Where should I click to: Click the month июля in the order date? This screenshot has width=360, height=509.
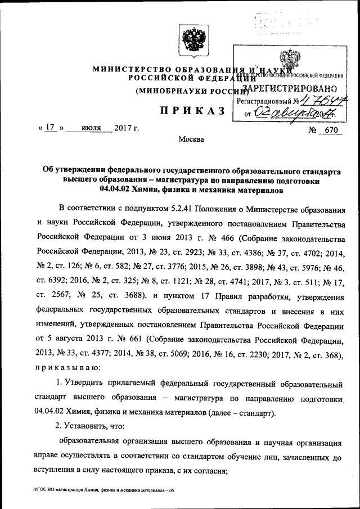click(x=90, y=128)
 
